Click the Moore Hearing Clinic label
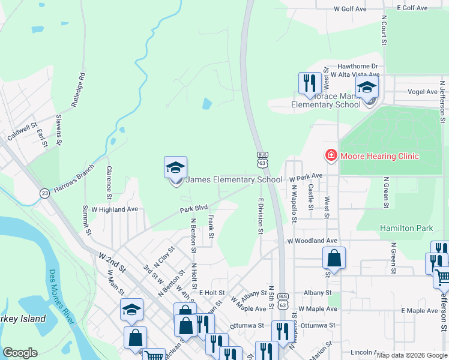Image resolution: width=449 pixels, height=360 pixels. [x=379, y=156]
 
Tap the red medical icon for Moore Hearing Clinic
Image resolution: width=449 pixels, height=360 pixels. [x=330, y=155]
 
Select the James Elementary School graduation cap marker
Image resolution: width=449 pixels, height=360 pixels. [x=176, y=168]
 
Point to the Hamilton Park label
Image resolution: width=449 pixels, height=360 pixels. [x=406, y=229]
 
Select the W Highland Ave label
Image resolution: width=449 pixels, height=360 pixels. [x=115, y=209]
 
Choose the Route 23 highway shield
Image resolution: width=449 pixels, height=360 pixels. [x=45, y=193]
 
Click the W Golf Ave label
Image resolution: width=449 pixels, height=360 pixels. [x=350, y=9]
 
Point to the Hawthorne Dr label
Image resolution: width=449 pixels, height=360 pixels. [x=358, y=66]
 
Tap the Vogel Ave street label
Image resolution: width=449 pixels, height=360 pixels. [x=423, y=92]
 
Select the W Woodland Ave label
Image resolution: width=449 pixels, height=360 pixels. [x=312, y=241]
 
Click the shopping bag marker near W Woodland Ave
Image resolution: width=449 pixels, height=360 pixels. [x=334, y=258]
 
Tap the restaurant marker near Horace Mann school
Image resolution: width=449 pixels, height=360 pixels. [x=308, y=83]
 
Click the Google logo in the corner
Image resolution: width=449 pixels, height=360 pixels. [x=20, y=352]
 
